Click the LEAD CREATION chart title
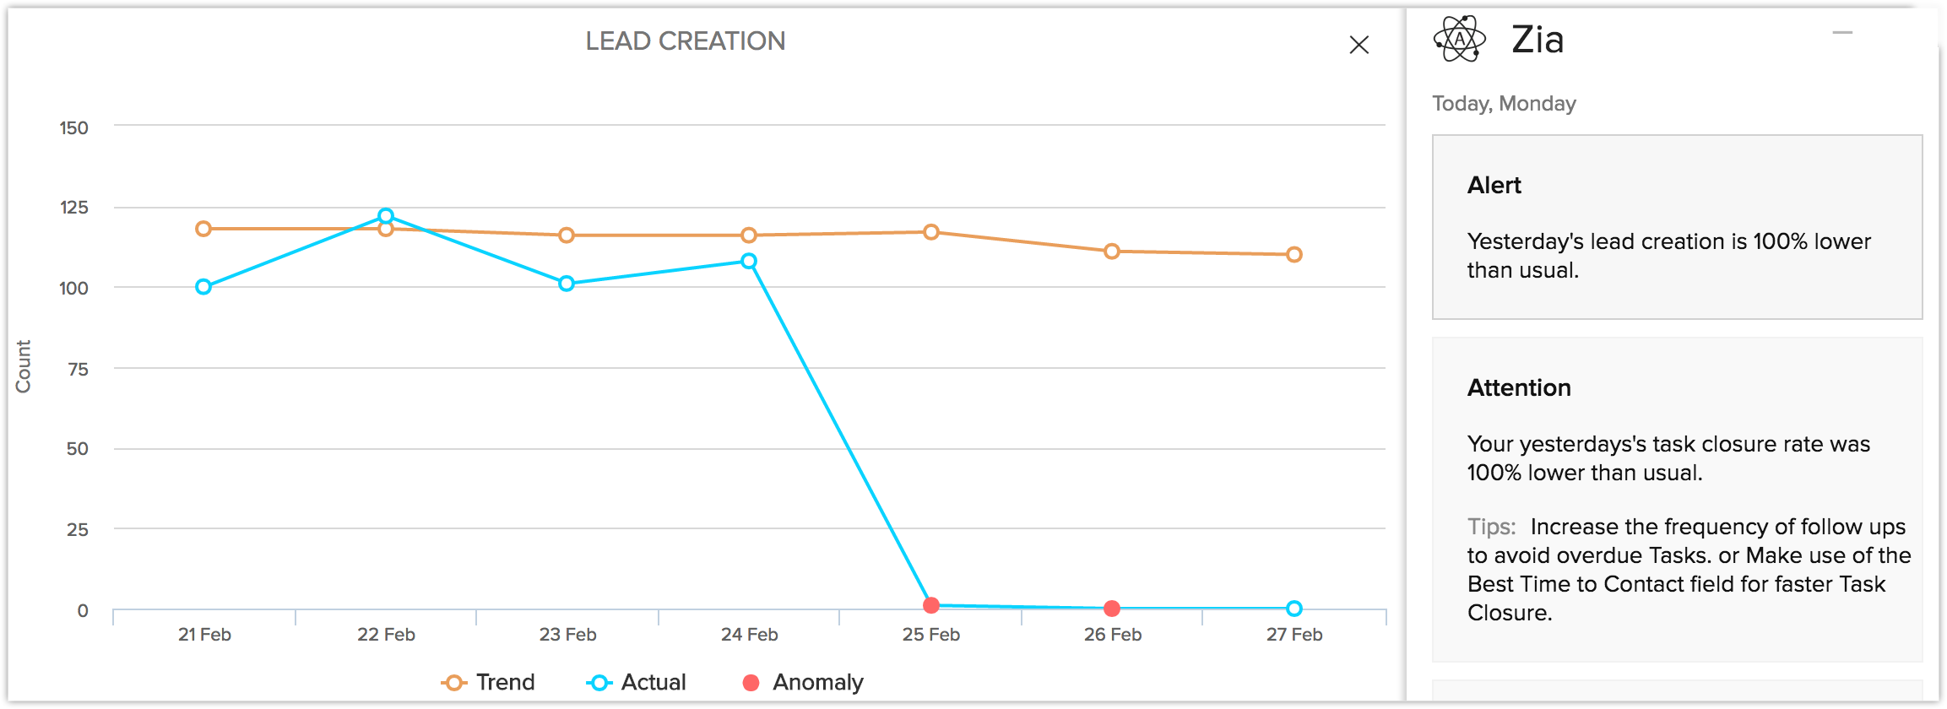pos(685,41)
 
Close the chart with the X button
pos(1359,45)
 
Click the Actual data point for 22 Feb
pos(386,216)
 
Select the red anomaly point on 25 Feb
pos(931,605)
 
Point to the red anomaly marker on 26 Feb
pos(1112,609)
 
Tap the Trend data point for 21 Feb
pos(203,229)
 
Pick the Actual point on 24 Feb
pos(749,262)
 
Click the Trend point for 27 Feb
pos(1294,254)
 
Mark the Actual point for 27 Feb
pos(1294,609)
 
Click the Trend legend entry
pos(489,682)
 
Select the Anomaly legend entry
pos(803,682)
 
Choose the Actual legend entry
pos(637,682)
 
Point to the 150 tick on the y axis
pos(73,127)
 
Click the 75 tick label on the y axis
pos(78,369)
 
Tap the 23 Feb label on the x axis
pos(567,635)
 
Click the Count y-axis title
pos(23,366)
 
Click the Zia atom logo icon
pos(1459,39)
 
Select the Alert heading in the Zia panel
pos(1494,186)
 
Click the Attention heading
pos(1519,387)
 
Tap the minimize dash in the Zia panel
pos(1842,33)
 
